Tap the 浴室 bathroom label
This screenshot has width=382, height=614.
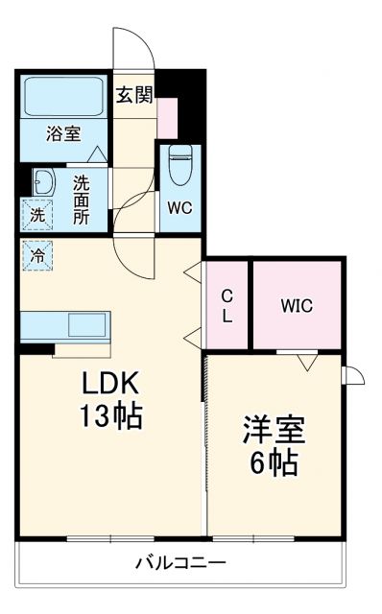pyautogui.click(x=65, y=135)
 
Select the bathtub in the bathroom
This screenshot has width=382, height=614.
pyautogui.click(x=64, y=97)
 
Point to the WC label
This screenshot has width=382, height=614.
pyautogui.click(x=180, y=207)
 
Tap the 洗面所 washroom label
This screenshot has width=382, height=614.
pyautogui.click(x=82, y=199)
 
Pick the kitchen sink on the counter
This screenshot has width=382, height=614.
pyautogui.click(x=86, y=324)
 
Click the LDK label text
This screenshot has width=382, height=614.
pyautogui.click(x=110, y=384)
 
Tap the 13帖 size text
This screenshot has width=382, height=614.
pyautogui.click(x=110, y=416)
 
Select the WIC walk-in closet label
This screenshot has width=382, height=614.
pyautogui.click(x=297, y=306)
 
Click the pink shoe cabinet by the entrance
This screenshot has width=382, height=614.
pyautogui.click(x=168, y=117)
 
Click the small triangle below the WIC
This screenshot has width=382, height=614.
pyautogui.click(x=306, y=362)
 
